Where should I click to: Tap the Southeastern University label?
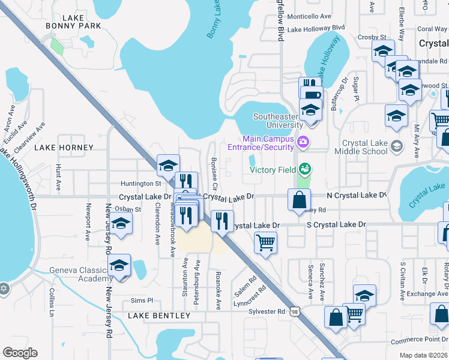(x=277, y=121)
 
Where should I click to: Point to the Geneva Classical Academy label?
(x=80, y=274)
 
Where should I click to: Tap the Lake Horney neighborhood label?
(x=64, y=148)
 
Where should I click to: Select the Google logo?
(x=20, y=353)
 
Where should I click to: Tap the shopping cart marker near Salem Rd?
(x=265, y=242)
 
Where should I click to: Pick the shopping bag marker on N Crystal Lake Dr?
(x=299, y=199)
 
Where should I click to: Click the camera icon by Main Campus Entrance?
(x=304, y=142)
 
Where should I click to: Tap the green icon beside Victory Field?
(x=306, y=169)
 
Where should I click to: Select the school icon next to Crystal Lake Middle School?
(x=396, y=146)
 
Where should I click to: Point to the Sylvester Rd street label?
(x=266, y=311)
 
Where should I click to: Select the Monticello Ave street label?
(x=309, y=17)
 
